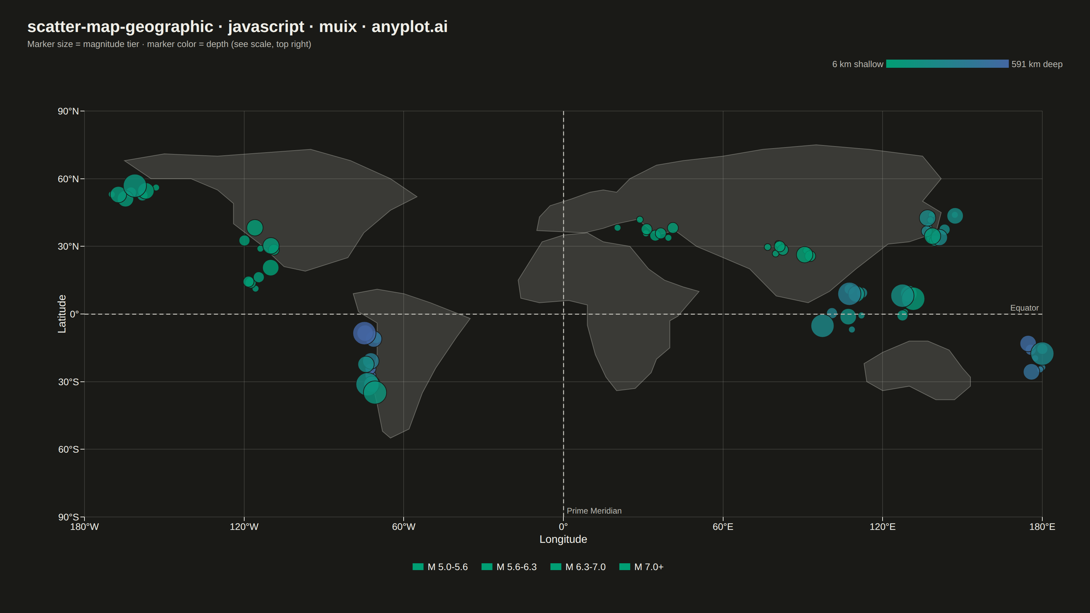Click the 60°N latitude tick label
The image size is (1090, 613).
[68, 179]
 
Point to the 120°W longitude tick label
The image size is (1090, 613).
[244, 527]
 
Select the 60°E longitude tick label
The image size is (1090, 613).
[723, 527]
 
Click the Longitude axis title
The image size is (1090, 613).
[563, 539]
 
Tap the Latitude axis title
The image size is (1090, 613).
[62, 314]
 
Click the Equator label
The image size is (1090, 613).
[1024, 308]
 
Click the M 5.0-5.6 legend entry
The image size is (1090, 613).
[440, 567]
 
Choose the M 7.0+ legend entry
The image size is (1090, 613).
[641, 567]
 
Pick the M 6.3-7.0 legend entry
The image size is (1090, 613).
[578, 567]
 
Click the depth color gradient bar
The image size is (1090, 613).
[947, 64]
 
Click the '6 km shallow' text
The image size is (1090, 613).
[858, 64]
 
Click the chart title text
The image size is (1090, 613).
[237, 27]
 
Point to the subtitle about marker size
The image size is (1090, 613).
[169, 44]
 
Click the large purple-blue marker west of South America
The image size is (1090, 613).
[364, 333]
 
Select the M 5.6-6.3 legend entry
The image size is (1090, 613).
[509, 567]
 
